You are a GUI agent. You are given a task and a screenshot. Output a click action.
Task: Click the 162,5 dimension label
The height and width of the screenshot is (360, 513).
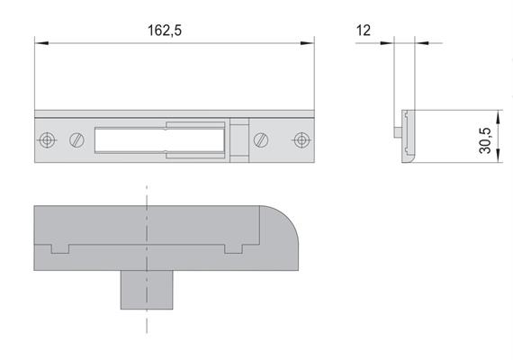click(x=165, y=31)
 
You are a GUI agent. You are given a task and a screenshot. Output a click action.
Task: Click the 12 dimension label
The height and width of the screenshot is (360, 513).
click(x=364, y=31)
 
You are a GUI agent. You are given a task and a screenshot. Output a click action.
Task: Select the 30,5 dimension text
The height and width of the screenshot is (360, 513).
click(x=485, y=140)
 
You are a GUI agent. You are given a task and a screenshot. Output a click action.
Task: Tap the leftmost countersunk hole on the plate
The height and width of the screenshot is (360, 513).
click(x=47, y=140)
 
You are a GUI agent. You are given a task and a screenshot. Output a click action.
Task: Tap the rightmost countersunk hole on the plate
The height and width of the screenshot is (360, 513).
click(x=301, y=140)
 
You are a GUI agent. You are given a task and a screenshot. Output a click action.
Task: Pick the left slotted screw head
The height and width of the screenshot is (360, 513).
click(x=76, y=140)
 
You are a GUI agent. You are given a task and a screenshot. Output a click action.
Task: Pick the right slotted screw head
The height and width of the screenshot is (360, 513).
click(x=261, y=140)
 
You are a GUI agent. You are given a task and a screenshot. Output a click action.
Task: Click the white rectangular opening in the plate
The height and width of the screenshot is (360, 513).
click(x=159, y=140)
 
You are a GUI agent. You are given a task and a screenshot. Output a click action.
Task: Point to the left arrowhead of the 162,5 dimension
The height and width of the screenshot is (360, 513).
click(x=41, y=43)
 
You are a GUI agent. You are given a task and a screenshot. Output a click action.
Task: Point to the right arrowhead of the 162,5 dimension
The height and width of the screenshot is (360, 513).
click(x=308, y=43)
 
